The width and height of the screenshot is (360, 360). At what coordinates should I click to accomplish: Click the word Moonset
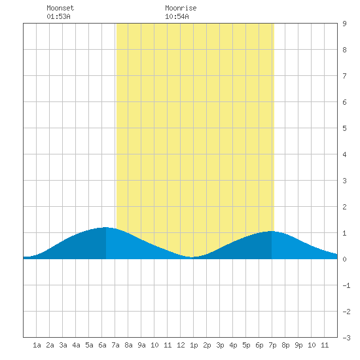pyautogui.click(x=60, y=8)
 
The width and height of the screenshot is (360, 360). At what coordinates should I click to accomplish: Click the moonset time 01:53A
pyautogui.click(x=58, y=16)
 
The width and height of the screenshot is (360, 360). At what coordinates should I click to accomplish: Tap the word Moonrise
pyautogui.click(x=181, y=8)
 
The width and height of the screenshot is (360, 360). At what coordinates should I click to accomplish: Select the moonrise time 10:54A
pyautogui.click(x=177, y=16)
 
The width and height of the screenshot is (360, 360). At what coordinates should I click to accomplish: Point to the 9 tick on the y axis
pyautogui.click(x=344, y=24)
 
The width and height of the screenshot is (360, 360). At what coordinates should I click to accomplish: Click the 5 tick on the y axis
pyautogui.click(x=344, y=128)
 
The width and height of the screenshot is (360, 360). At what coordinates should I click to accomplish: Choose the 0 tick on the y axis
pyautogui.click(x=344, y=259)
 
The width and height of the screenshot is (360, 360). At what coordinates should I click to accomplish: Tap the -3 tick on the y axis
pyautogui.click(x=346, y=338)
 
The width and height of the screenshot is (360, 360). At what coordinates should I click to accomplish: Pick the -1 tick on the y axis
pyautogui.click(x=346, y=285)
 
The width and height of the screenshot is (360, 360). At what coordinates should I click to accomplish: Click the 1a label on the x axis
pyautogui.click(x=37, y=345)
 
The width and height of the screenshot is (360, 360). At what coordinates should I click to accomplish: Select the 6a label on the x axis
pyautogui.click(x=102, y=345)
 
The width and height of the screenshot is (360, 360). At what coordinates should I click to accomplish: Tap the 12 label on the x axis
pyautogui.click(x=181, y=345)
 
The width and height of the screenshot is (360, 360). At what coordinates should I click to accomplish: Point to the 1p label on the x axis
pyautogui.click(x=194, y=345)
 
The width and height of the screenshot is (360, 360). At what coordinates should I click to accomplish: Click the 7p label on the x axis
pyautogui.click(x=272, y=345)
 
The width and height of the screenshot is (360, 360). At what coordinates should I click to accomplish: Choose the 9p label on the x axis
pyautogui.click(x=298, y=345)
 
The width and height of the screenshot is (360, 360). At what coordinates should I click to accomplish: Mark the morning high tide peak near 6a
pyautogui.click(x=106, y=228)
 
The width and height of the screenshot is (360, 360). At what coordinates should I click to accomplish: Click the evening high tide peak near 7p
pyautogui.click(x=272, y=232)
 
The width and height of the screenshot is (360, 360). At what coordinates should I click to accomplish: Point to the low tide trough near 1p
pyautogui.click(x=192, y=257)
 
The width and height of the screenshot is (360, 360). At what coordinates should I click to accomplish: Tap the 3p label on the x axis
pyautogui.click(x=220, y=345)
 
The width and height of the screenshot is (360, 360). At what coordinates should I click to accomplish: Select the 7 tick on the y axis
pyautogui.click(x=344, y=76)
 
